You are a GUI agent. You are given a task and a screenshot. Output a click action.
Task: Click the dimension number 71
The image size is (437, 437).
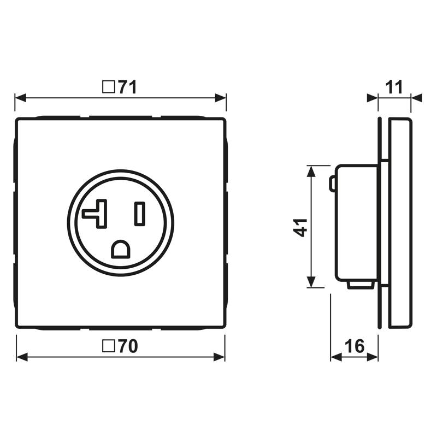click(127, 87)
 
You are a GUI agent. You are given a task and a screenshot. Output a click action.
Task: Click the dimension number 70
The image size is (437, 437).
click(127, 346)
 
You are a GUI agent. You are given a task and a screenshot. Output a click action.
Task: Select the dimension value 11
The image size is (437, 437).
click(394, 87)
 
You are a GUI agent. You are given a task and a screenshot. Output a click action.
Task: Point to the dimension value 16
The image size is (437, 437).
click(355, 346)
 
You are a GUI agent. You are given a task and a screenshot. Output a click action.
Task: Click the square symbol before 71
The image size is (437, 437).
click(109, 87)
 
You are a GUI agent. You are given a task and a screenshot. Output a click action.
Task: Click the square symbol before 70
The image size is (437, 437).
click(109, 346)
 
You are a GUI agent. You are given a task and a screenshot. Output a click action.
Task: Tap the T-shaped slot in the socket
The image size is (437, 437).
click(96, 214)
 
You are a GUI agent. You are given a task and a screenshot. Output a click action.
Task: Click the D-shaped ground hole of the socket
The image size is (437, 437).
click(120, 249)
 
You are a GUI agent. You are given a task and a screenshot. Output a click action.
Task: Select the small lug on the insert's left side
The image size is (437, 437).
click(332, 184)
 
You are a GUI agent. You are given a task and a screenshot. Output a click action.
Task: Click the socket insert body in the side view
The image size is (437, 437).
click(356, 224)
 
